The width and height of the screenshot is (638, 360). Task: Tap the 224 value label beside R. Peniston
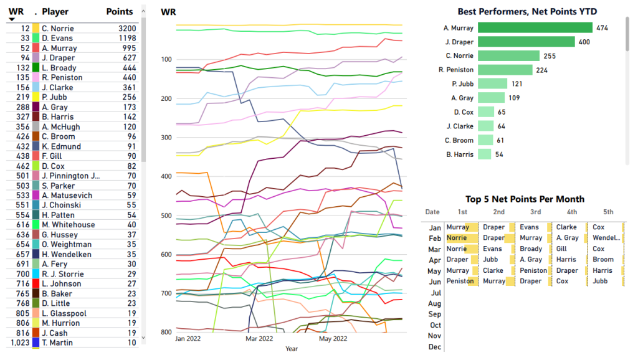(x=541, y=70)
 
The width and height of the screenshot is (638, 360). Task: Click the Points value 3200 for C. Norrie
(x=126, y=29)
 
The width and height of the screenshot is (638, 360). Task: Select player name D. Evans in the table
(x=57, y=39)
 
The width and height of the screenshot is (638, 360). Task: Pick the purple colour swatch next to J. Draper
(x=36, y=58)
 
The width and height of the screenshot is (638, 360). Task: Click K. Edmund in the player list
(x=61, y=146)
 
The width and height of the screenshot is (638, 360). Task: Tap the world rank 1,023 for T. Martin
(x=20, y=343)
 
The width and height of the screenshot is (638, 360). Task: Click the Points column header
(x=120, y=11)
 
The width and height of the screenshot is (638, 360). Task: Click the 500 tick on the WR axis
(x=166, y=216)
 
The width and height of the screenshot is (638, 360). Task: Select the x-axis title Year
(x=292, y=349)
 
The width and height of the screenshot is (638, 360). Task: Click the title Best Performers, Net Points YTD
(x=525, y=11)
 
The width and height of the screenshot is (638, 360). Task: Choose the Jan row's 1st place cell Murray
(x=458, y=227)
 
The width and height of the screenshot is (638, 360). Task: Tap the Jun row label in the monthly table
(x=435, y=282)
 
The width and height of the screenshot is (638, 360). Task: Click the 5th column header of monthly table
(x=608, y=212)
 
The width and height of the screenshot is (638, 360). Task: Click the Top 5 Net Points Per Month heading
(x=525, y=199)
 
